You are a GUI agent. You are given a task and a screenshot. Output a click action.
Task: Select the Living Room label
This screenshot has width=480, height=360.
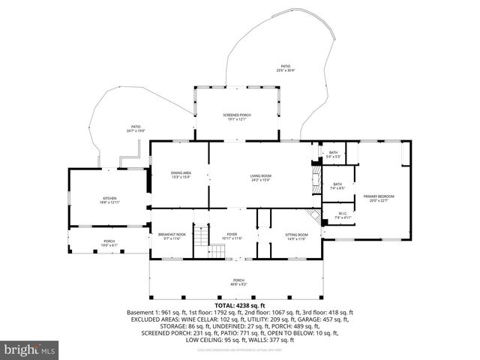point(259,178)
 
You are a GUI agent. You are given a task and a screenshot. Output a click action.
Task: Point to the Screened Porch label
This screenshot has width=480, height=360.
point(235,116)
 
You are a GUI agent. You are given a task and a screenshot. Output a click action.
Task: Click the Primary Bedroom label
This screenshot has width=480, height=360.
point(379,197)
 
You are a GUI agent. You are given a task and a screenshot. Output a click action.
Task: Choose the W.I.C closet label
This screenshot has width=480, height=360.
point(342,215)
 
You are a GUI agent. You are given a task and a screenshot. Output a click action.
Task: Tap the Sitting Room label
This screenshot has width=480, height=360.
point(296,236)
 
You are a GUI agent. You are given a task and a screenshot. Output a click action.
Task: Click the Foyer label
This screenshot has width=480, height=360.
point(232,236)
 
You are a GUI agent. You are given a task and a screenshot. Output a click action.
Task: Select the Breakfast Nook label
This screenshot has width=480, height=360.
point(172,236)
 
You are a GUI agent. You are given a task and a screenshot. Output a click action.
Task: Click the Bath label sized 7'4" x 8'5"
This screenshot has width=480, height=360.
point(337,186)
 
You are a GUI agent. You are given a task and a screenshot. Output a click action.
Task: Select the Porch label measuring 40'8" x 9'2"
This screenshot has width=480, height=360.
point(238,283)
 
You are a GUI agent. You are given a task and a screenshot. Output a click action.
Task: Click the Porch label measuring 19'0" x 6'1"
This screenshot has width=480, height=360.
point(109,243)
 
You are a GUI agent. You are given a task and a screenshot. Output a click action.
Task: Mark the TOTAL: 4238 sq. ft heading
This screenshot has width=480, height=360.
point(240,305)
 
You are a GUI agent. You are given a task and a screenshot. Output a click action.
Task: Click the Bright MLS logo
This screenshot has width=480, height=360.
point(30,349)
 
